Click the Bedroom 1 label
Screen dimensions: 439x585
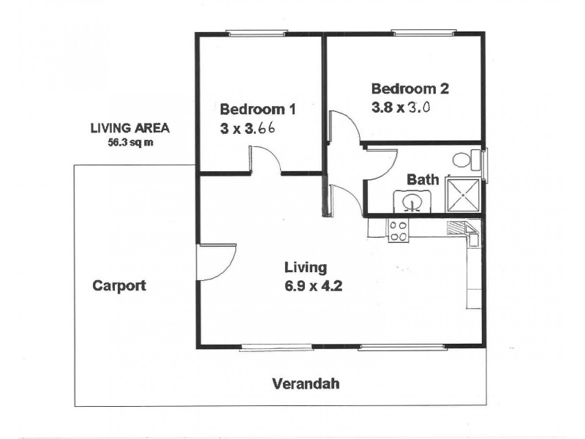[x=257, y=110]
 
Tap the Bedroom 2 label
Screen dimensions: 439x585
[x=409, y=89]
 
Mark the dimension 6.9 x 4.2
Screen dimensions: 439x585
[x=314, y=285]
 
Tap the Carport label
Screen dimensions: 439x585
[x=119, y=285]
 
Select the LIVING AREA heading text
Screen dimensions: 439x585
[x=129, y=128]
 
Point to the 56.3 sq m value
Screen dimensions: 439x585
[x=129, y=142]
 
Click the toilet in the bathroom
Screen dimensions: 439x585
[x=463, y=160]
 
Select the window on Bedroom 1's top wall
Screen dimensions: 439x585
[x=256, y=32]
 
